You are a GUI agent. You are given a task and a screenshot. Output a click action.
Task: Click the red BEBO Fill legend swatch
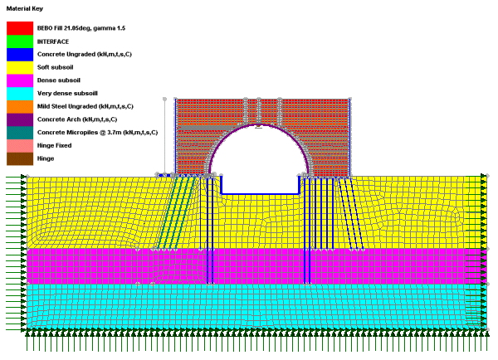tap(20, 28)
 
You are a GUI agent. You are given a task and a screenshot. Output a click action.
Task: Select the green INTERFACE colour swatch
tap(20, 41)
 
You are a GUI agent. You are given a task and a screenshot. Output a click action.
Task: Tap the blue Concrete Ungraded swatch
tap(20, 54)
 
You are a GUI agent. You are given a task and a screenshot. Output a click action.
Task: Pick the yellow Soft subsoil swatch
tap(20, 67)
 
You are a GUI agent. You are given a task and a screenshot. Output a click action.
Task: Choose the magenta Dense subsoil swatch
tap(20, 80)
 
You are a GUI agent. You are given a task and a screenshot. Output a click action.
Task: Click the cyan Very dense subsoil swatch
tap(20, 94)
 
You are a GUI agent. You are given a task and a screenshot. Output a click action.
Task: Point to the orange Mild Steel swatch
tap(20, 106)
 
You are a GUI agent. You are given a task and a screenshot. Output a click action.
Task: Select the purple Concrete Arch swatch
tap(20, 119)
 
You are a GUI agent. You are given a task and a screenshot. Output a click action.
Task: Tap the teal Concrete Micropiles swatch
tap(20, 133)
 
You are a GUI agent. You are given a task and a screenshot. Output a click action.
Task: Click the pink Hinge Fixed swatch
tap(20, 145)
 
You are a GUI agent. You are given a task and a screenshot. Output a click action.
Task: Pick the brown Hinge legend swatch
tap(20, 158)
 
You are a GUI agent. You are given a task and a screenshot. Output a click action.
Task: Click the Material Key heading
tap(24, 8)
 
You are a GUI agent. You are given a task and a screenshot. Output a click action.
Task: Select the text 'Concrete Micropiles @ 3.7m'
tap(80, 133)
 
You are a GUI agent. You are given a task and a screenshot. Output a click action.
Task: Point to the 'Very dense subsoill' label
tap(67, 94)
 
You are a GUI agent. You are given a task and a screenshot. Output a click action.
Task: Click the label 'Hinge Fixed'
tap(54, 145)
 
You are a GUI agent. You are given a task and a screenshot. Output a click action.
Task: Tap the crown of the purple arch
tap(259, 124)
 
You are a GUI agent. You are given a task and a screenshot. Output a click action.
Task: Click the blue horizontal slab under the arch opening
tap(260, 193)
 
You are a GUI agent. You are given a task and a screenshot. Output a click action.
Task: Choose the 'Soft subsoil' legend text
tap(56, 67)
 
